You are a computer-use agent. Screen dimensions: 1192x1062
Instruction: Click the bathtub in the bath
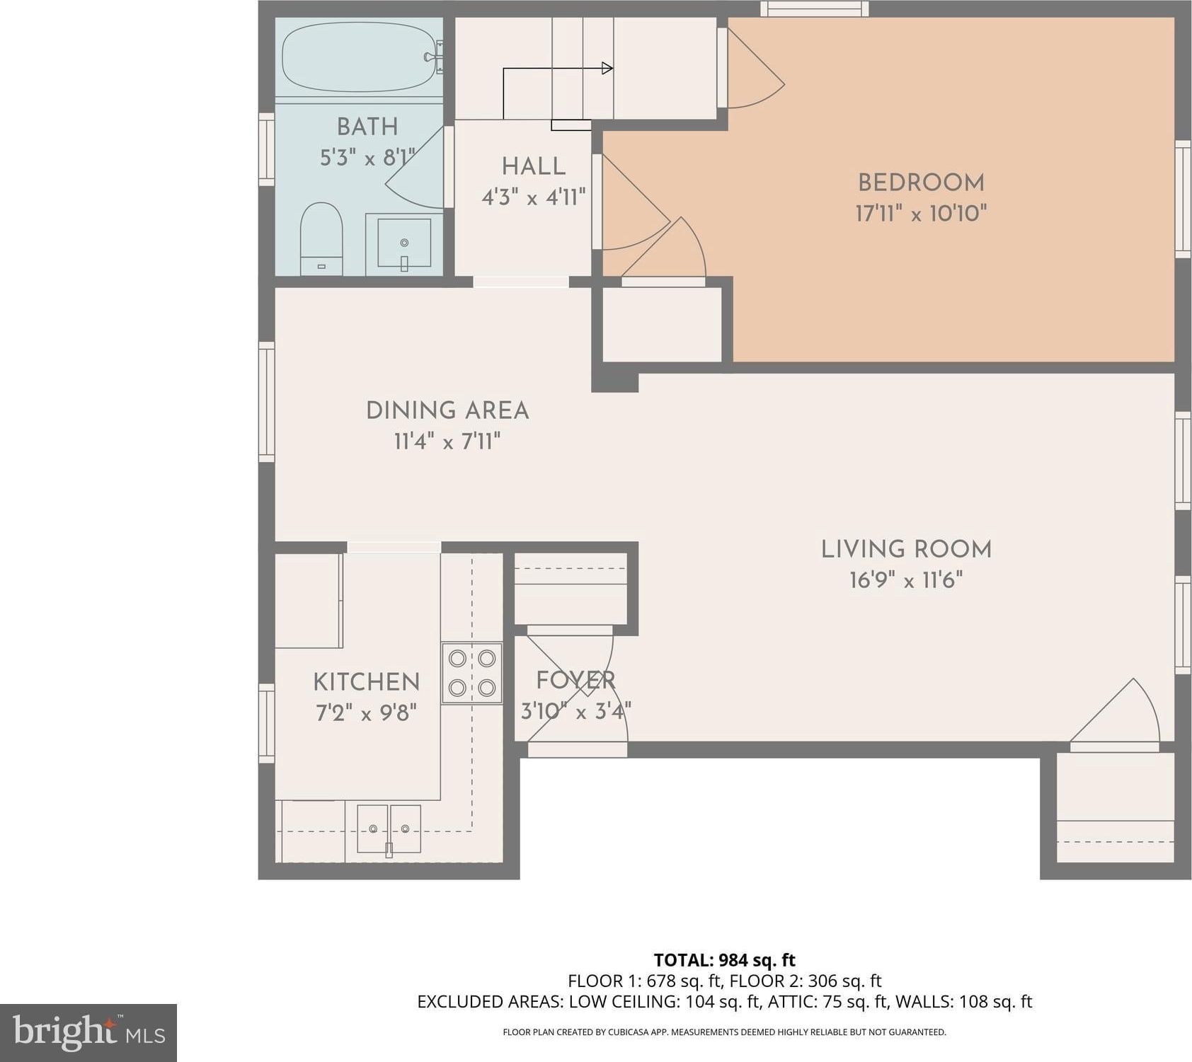pyautogui.click(x=359, y=57)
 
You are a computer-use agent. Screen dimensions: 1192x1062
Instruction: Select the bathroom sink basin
pyautogui.click(x=404, y=243)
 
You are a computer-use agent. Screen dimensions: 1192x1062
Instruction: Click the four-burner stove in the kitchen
pyautogui.click(x=472, y=673)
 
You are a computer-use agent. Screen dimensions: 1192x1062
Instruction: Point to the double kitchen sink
pyautogui.click(x=389, y=829)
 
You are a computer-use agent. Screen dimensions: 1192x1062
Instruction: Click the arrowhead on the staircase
pyautogui.click(x=607, y=68)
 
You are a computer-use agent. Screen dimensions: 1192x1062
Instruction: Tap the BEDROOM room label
pyautogui.click(x=921, y=183)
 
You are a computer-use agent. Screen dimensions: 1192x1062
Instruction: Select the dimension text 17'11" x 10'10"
pyautogui.click(x=921, y=213)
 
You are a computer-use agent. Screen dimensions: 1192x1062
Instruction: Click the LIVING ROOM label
pyautogui.click(x=906, y=549)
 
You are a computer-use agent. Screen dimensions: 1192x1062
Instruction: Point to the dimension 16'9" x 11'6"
pyautogui.click(x=906, y=580)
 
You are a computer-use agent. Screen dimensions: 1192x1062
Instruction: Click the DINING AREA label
pyautogui.click(x=447, y=410)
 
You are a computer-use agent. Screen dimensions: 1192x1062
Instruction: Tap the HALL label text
pyautogui.click(x=534, y=166)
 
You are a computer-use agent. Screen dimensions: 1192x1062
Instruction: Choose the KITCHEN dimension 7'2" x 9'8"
pyautogui.click(x=366, y=712)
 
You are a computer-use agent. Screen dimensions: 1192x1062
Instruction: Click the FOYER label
pyautogui.click(x=575, y=680)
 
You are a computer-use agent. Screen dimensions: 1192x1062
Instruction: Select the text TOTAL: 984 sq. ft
pyautogui.click(x=724, y=960)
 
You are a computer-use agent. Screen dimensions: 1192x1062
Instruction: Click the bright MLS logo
pyautogui.click(x=88, y=1032)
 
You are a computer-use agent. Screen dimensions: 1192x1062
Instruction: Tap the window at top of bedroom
pyautogui.click(x=815, y=8)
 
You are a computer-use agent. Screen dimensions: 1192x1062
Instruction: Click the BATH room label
pyautogui.click(x=367, y=127)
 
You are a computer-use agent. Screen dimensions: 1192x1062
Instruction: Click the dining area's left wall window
pyautogui.click(x=266, y=402)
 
